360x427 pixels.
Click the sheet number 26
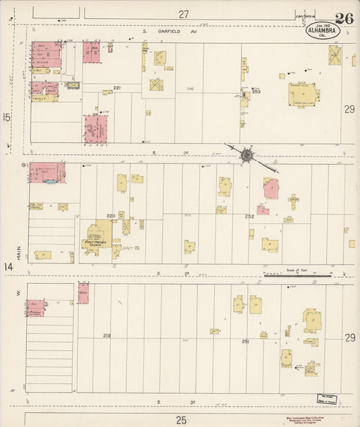pyautogui.click(x=344, y=18)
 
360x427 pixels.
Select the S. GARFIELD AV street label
pyautogui.click(x=169, y=30)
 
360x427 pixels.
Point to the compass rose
pyautogui.click(x=247, y=155)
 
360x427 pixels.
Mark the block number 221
pyautogui.click(x=117, y=89)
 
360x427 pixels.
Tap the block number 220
pyautogui.click(x=111, y=216)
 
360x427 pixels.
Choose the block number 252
pyautogui.click(x=249, y=216)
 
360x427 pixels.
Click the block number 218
pyautogui.click(x=107, y=336)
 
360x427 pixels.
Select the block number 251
pyautogui.click(x=246, y=342)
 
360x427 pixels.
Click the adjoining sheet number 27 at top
pyautogui.click(x=184, y=14)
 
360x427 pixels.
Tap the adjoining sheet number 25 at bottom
pyautogui.click(x=181, y=420)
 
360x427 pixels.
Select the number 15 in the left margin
pyautogui.click(x=7, y=118)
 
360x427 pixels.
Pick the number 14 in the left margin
pyautogui.click(x=7, y=268)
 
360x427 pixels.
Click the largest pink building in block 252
pyautogui.click(x=271, y=188)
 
